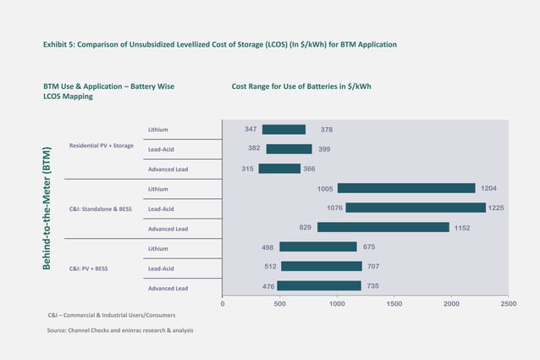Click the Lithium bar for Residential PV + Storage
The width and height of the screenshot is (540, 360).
point(284,130)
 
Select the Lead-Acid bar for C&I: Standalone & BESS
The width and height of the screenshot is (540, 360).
point(415,208)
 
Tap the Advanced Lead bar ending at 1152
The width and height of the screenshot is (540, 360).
point(383,227)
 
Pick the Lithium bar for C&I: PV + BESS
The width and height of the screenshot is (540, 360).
point(317,246)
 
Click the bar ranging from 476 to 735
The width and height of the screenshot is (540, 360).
point(318,286)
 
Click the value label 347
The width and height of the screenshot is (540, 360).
point(251,130)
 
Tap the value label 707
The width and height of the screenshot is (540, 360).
point(372,267)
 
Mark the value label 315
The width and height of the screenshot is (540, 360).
point(247,169)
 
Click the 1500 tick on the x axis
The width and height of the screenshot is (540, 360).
point(394,302)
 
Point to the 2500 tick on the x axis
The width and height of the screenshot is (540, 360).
point(508,302)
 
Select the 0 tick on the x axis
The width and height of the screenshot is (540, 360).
point(222,302)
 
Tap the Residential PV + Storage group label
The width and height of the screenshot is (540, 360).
point(101,146)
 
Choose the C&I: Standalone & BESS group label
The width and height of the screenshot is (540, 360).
point(102,208)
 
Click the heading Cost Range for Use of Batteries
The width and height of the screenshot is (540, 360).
point(301,86)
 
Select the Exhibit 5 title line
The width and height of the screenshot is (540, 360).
point(220,44)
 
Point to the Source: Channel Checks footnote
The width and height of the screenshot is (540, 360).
point(120,330)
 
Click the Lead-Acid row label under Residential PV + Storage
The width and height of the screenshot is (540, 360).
point(161,150)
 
